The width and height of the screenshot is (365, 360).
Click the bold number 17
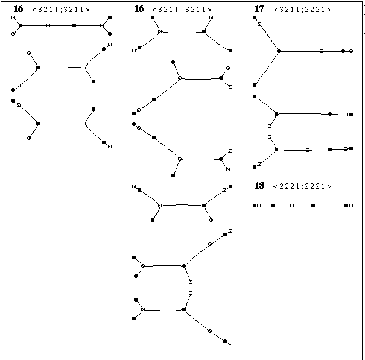click(259, 9)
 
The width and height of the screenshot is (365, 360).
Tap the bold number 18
click(259, 186)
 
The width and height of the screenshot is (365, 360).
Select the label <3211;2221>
click(302, 10)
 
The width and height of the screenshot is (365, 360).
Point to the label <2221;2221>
click(302, 186)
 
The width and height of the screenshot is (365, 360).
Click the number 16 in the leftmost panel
click(18, 9)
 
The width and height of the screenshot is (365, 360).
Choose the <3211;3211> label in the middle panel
click(182, 10)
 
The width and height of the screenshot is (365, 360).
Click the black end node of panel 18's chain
click(255, 206)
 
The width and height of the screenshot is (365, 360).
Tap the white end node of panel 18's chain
click(351, 206)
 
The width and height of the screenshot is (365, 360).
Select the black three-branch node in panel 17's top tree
click(279, 51)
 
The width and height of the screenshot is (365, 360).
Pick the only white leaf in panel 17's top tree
click(351, 51)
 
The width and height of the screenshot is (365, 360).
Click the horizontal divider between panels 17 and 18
click(302, 178)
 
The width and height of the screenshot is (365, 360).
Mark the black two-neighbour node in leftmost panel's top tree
click(74, 25)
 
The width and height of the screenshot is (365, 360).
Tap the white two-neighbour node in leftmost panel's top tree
click(48, 25)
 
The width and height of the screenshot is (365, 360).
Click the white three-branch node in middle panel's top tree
click(160, 31)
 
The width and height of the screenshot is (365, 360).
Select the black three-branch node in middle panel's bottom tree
click(184, 309)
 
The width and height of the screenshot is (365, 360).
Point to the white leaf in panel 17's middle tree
click(270, 126)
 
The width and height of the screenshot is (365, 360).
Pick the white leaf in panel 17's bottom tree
click(270, 137)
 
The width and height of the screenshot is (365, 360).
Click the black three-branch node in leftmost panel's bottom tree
click(38, 124)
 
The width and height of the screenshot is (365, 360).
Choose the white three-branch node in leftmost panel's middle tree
click(84, 68)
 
